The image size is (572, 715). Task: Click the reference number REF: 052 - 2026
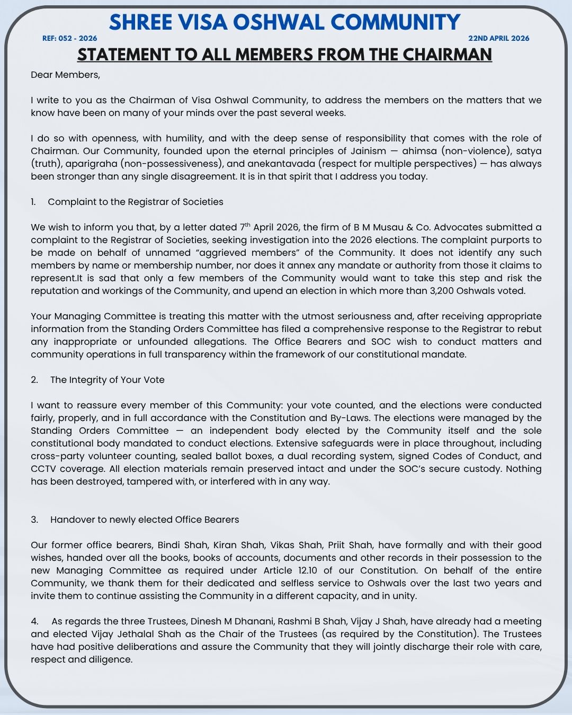coord(69,38)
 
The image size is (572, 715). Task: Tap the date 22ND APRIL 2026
coord(498,38)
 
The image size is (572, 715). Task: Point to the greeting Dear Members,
coord(65,75)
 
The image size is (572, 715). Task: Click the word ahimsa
coord(419,151)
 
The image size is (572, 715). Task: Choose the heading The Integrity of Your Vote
coord(107,380)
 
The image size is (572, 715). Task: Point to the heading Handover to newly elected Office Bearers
coord(145,520)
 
